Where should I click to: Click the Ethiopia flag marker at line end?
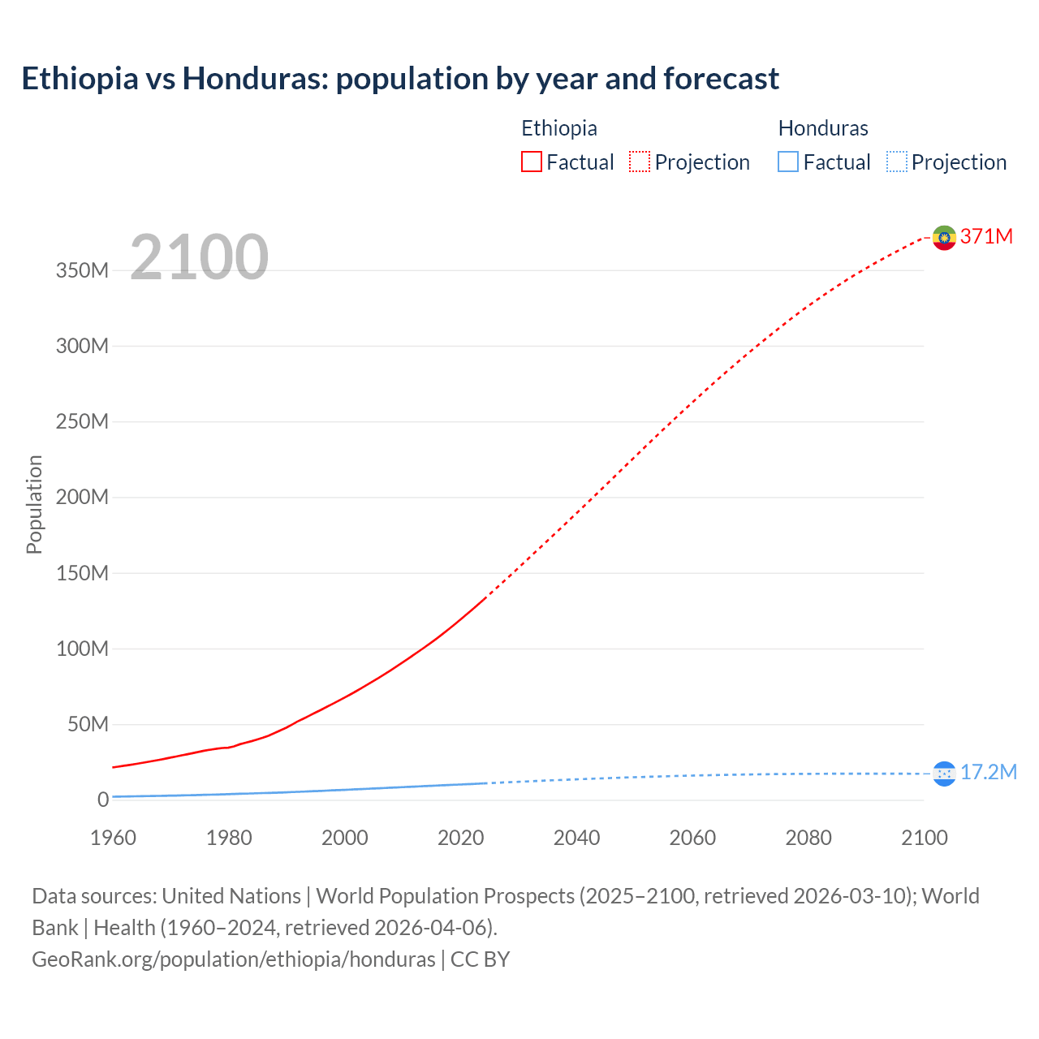coord(944,238)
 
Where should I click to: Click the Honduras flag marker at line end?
coord(944,774)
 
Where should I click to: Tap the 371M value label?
coord(986,236)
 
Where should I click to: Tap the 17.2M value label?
coord(988,772)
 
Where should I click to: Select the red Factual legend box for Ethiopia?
coord(531,162)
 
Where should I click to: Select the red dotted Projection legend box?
coord(640,162)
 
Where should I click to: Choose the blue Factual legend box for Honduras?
coord(788,162)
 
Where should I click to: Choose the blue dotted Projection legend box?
coord(897,162)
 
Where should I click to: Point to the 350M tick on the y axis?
coord(82,270)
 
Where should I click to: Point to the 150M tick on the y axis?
coord(82,573)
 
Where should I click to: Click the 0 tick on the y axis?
coord(102,800)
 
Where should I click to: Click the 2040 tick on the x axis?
coord(576,838)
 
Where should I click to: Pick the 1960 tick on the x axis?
coord(113,838)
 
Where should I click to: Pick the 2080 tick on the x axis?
coord(808,838)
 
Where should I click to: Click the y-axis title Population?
coord(34,504)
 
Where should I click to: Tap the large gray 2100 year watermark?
coord(199,257)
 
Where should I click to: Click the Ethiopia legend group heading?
coord(558,128)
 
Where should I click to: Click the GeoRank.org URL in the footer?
coord(234,959)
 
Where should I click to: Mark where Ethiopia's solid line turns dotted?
coord(485,597)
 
